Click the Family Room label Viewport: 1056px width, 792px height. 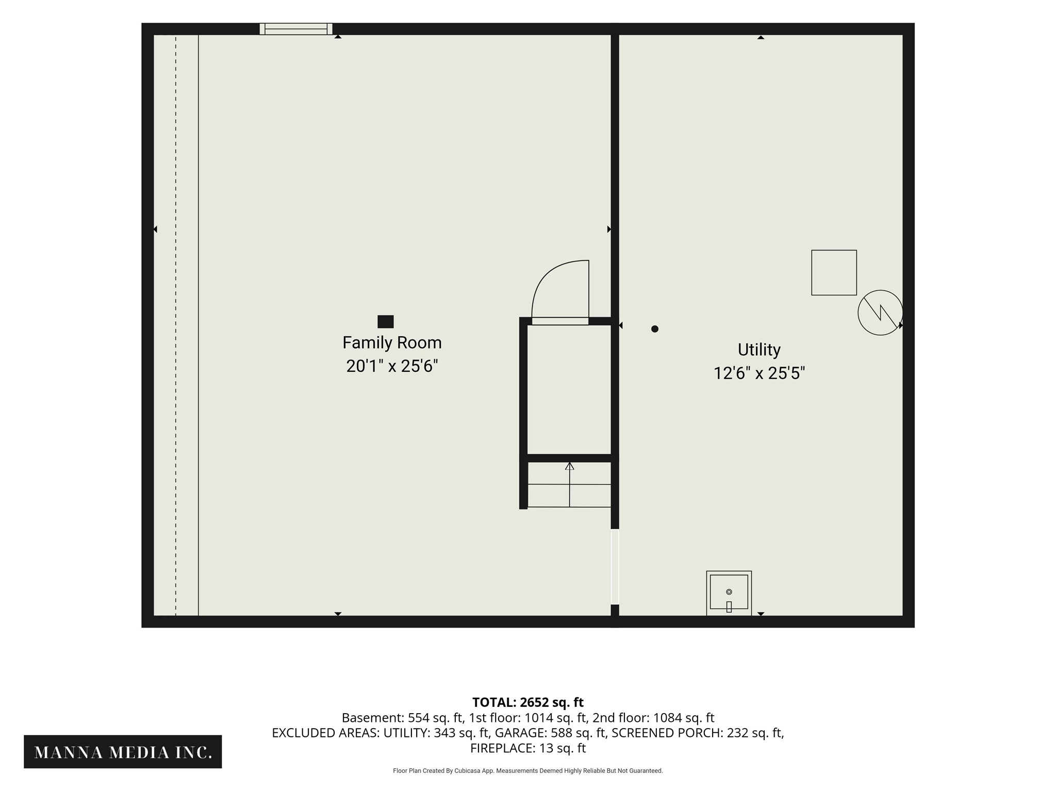point(392,342)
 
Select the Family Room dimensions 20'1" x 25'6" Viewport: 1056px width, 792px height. point(392,366)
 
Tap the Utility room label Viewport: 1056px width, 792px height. point(759,350)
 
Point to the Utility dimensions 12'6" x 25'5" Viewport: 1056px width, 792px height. point(759,373)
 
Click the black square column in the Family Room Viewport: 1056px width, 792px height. point(386,322)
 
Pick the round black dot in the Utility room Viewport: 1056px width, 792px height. point(655,329)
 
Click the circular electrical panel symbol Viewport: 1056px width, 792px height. point(880,312)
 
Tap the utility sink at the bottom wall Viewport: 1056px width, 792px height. point(729,593)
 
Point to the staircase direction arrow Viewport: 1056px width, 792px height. point(569,485)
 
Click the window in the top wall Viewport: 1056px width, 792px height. point(296,29)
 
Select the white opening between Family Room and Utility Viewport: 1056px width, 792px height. point(615,567)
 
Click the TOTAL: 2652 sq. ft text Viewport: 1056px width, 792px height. point(528,702)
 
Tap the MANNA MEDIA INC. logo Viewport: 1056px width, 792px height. point(123,752)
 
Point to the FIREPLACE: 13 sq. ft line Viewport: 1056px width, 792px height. point(528,748)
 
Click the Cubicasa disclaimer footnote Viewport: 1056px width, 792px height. point(528,771)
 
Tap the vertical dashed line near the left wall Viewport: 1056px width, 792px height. point(175,325)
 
